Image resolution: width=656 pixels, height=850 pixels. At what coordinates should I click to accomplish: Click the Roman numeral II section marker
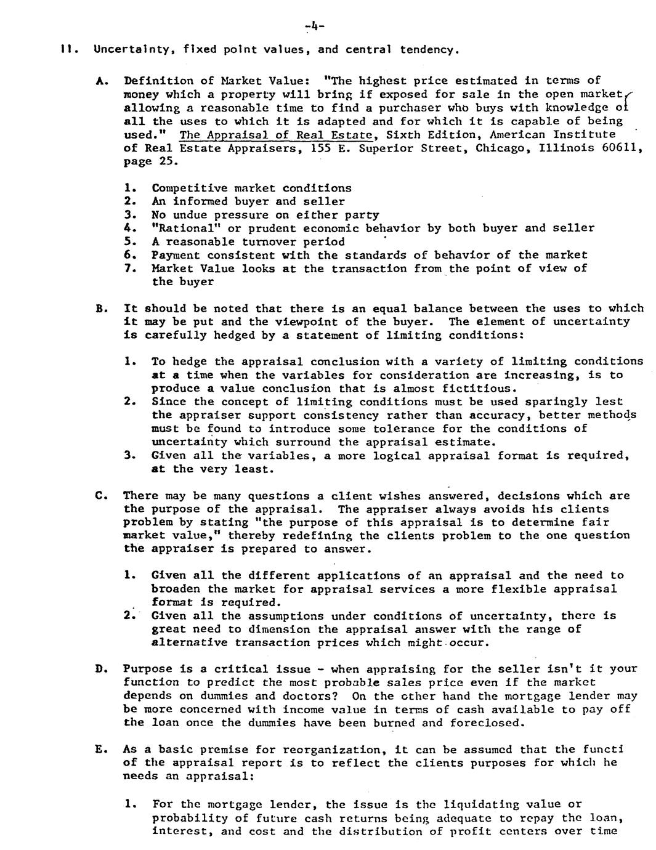click(x=64, y=49)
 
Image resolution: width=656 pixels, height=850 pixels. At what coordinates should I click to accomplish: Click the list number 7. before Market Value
click(x=129, y=269)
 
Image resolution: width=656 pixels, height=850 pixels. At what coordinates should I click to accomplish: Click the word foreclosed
click(x=487, y=722)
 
